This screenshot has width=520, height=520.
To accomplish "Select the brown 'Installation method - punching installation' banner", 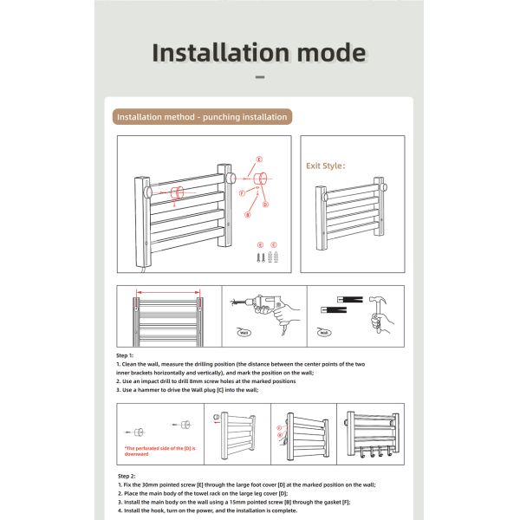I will [203, 117].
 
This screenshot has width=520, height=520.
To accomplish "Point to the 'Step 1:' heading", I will [126, 355].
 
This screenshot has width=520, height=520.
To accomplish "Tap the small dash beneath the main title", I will [260, 77].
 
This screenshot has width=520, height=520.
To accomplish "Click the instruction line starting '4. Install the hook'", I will [208, 510].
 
